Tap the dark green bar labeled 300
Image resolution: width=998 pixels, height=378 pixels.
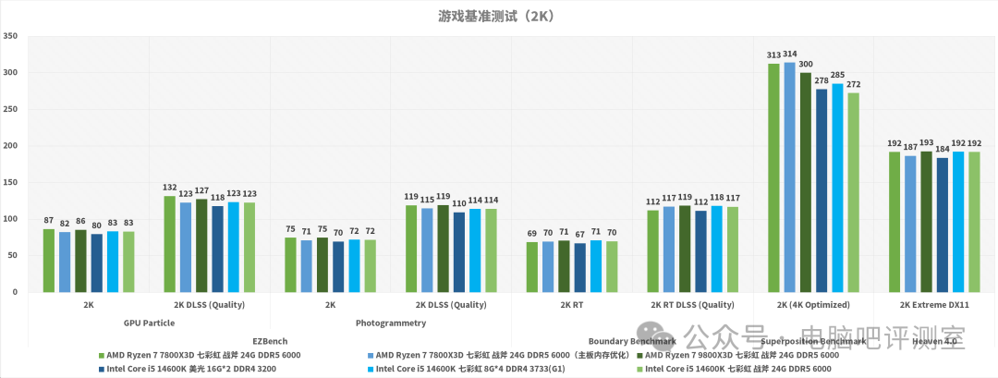click(805, 182)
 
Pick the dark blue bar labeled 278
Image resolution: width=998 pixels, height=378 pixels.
click(822, 190)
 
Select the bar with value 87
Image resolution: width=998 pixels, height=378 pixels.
click(48, 261)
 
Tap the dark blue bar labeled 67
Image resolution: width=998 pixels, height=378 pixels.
click(578, 268)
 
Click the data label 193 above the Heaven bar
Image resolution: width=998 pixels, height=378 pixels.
click(926, 143)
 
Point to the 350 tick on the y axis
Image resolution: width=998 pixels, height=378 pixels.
click(10, 36)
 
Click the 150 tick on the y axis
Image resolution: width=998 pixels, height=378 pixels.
click(10, 182)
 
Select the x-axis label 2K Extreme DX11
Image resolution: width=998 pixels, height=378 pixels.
click(933, 304)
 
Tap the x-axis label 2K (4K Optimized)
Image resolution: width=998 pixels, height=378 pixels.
click(813, 304)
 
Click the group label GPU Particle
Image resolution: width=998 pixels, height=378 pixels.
click(149, 323)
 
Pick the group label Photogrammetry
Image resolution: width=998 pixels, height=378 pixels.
click(391, 323)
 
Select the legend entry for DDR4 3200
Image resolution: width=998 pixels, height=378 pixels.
click(176, 369)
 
